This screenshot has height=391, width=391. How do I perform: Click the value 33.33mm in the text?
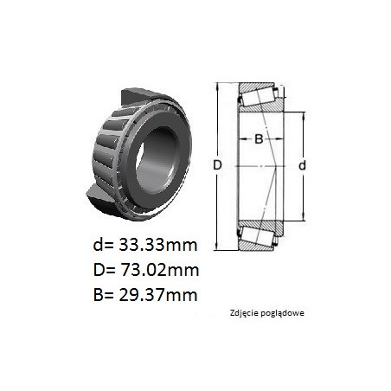(x=158, y=246)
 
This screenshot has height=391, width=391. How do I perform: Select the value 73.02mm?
(x=159, y=271)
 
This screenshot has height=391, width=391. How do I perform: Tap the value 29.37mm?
(x=158, y=295)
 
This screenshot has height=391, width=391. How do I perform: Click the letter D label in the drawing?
(x=217, y=165)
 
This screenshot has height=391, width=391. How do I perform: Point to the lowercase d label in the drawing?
(x=302, y=165)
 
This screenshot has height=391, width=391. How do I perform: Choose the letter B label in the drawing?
(x=259, y=139)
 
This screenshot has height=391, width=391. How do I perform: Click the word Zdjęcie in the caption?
(x=240, y=313)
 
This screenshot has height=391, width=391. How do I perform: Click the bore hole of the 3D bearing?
(x=156, y=160)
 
